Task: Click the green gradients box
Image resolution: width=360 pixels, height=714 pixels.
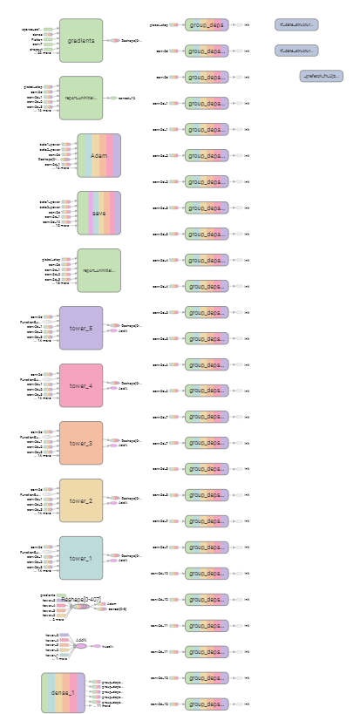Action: pyautogui.click(x=81, y=40)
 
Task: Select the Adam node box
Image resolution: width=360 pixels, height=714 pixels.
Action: pyautogui.click(x=98, y=155)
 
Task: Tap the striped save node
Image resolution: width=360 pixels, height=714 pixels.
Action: pyautogui.click(x=98, y=213)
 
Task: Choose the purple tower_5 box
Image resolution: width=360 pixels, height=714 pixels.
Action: pyautogui.click(x=81, y=328)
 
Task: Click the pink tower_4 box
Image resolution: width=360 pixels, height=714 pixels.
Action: pyautogui.click(x=81, y=385)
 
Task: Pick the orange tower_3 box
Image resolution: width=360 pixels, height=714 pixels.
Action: pyautogui.click(x=81, y=443)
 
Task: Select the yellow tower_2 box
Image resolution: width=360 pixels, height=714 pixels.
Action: pyautogui.click(x=81, y=500)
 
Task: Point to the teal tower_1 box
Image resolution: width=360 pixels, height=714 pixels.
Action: pyautogui.click(x=81, y=558)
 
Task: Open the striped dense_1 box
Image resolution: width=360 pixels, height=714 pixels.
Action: pyautogui.click(x=63, y=692)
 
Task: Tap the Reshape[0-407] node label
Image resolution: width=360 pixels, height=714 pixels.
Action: pyautogui.click(x=81, y=601)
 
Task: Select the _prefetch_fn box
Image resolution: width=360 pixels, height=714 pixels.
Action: pyautogui.click(x=321, y=77)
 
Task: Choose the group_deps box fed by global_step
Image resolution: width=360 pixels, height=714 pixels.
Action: pyautogui.click(x=207, y=25)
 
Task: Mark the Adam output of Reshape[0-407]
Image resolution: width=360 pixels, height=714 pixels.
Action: pyautogui.click(x=112, y=602)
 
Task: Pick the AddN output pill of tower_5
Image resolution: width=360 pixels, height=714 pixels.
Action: pyautogui.click(x=123, y=331)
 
